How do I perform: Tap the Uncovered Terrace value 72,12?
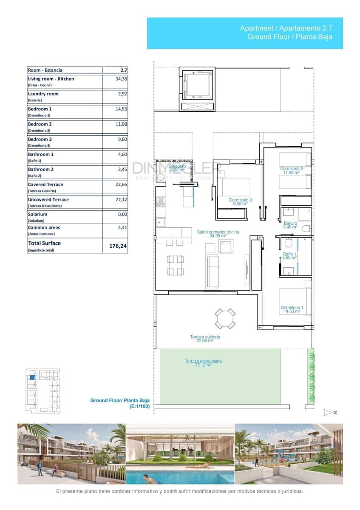[x=121, y=199]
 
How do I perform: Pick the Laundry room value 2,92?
[x=122, y=94]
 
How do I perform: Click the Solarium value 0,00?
[x=122, y=215]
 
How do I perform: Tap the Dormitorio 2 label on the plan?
[x=292, y=170]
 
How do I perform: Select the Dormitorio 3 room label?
[x=241, y=201]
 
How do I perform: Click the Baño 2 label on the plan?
[x=290, y=225]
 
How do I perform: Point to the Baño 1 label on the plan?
[x=289, y=256]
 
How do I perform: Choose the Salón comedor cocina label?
[x=218, y=234]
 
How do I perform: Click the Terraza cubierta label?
[x=205, y=338]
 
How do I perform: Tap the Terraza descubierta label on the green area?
[x=203, y=363]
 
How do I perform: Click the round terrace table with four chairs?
[x=225, y=318]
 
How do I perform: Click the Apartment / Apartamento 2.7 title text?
[x=286, y=28]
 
